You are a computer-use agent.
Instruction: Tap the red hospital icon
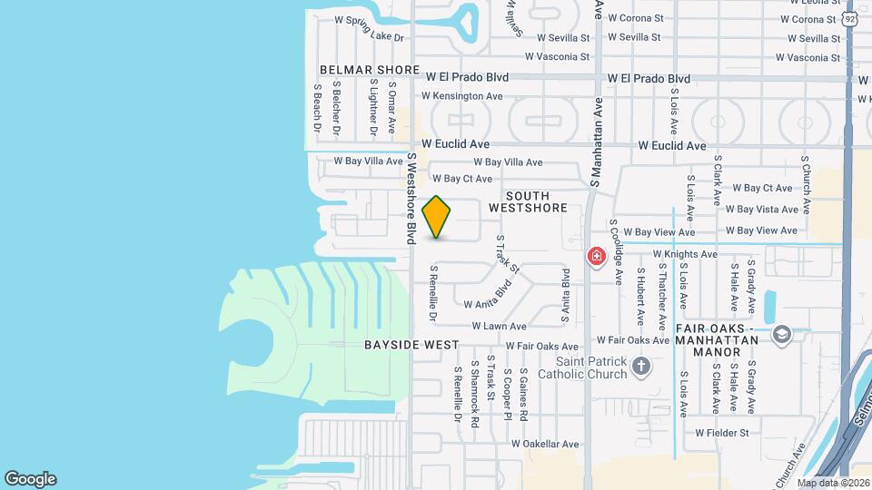(596, 257)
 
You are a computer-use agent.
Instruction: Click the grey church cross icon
(641, 367)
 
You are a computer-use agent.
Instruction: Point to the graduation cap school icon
(781, 336)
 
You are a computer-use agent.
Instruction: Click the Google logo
(30, 479)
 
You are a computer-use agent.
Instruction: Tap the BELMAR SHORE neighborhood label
(369, 70)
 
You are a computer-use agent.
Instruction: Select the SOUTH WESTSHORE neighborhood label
(528, 201)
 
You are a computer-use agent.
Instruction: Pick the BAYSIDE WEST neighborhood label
(411, 345)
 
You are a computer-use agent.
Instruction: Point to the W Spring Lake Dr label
(369, 26)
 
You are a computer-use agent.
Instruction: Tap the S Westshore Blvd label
(411, 198)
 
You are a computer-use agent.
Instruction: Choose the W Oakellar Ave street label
(544, 444)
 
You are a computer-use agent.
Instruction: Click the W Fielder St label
(722, 433)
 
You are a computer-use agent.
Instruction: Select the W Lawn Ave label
(499, 326)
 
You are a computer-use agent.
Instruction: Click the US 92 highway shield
(849, 19)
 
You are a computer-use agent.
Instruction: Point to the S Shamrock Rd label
(474, 388)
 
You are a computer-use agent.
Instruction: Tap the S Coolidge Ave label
(616, 251)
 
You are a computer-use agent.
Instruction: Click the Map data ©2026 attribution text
(833, 484)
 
